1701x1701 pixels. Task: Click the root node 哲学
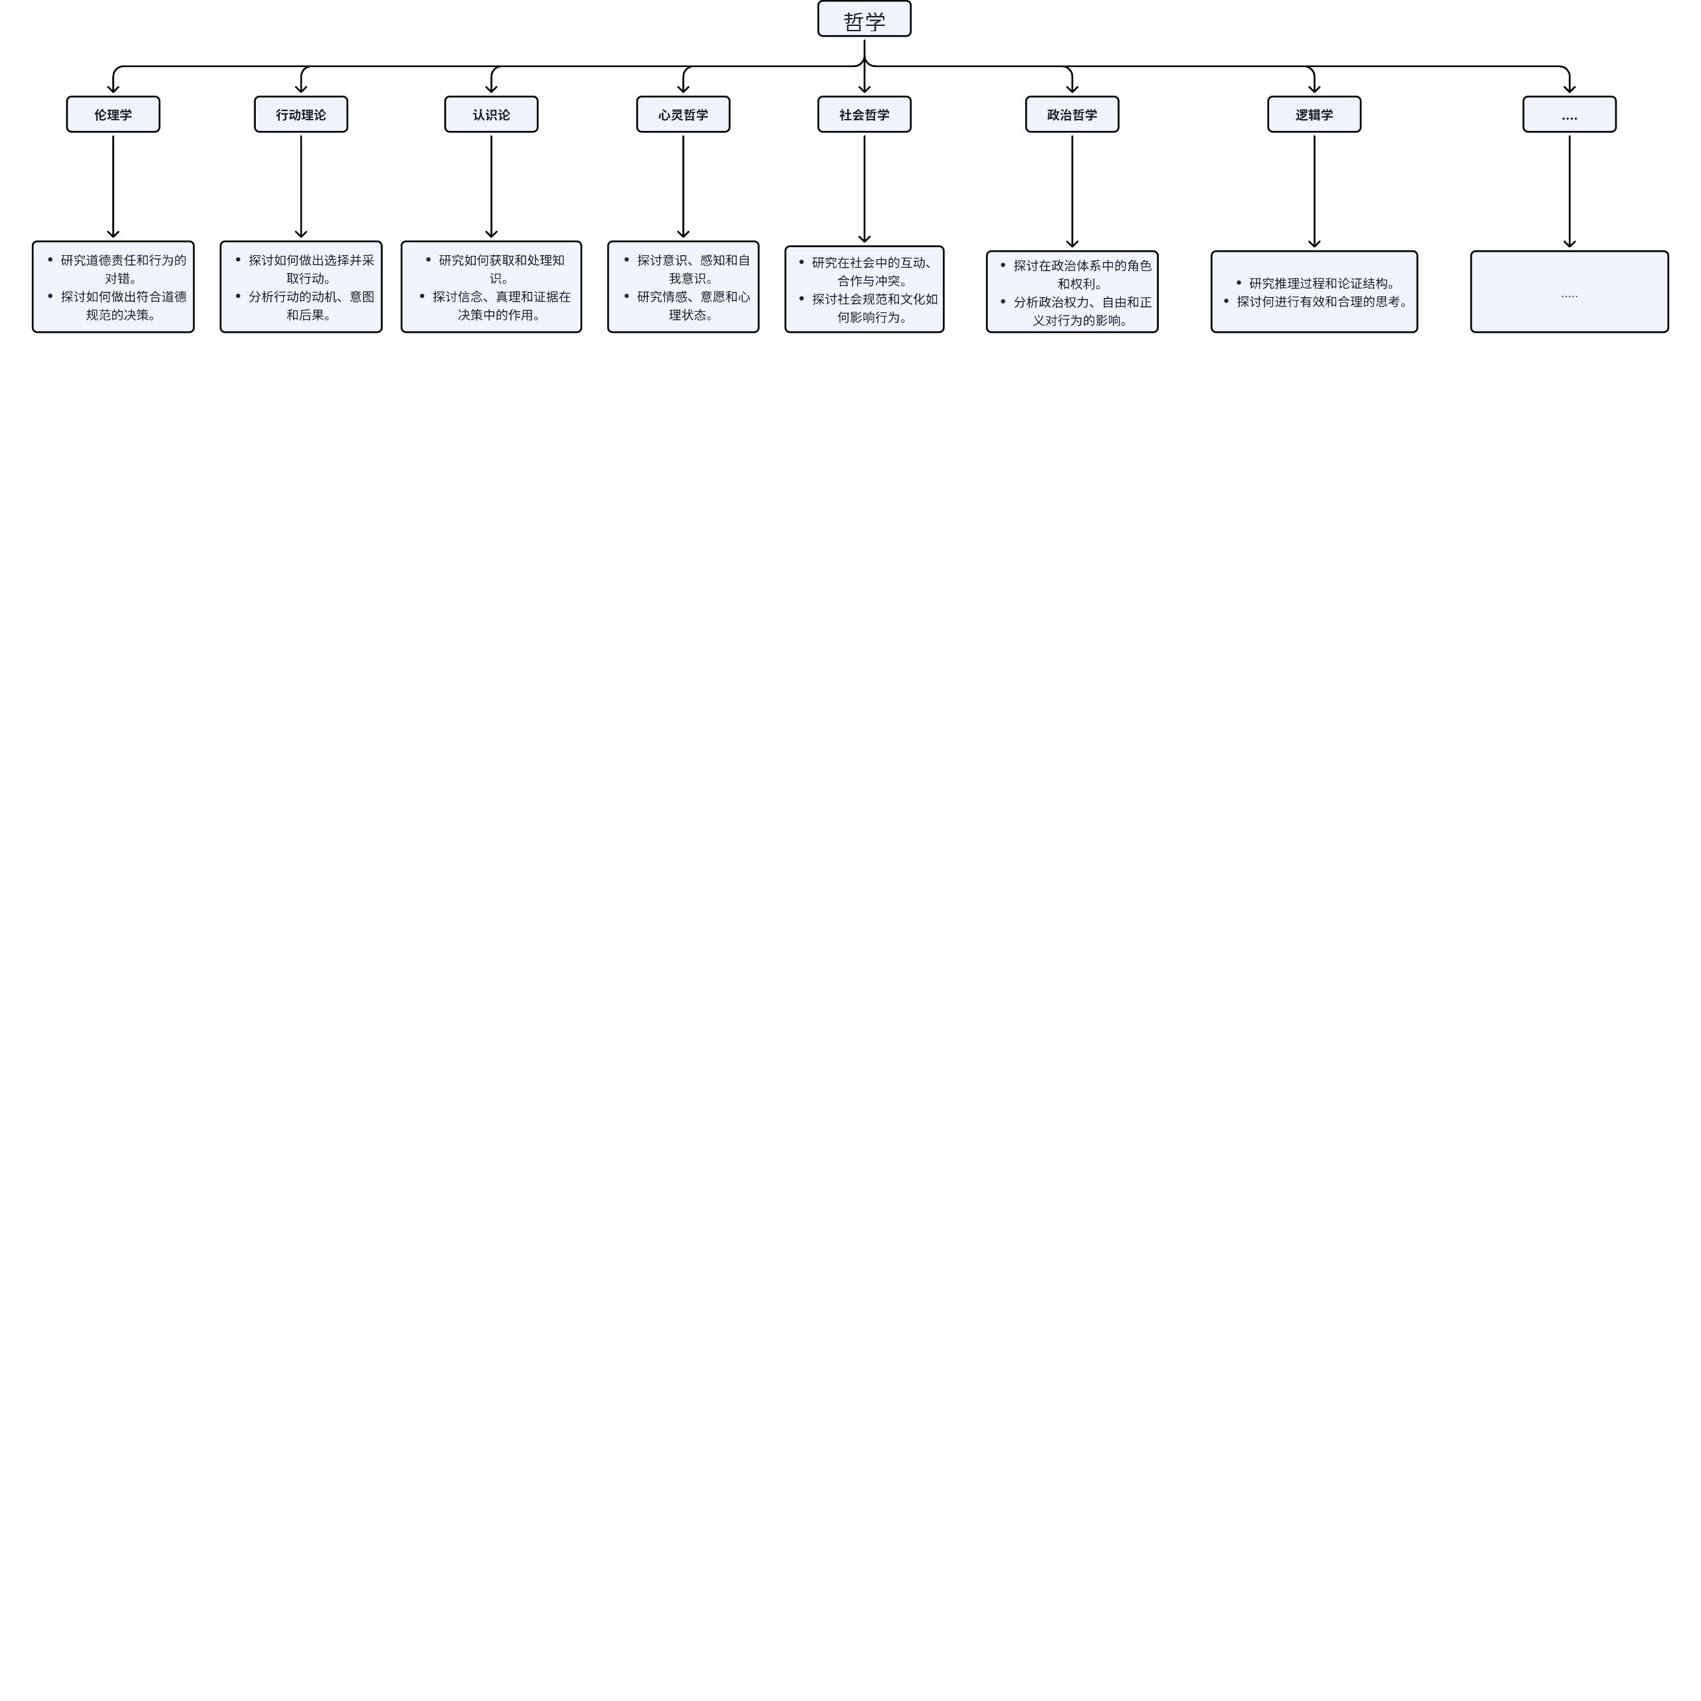(864, 19)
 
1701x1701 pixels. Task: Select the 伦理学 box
(113, 114)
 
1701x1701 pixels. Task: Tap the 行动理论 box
(301, 114)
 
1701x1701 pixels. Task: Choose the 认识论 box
(491, 114)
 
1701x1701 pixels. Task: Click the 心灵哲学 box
(683, 114)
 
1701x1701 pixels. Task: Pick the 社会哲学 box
(864, 114)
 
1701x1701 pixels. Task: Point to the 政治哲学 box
(1072, 114)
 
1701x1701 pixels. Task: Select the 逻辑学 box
(1314, 114)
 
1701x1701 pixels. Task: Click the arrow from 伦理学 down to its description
(113, 187)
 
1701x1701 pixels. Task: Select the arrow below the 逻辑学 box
(1314, 192)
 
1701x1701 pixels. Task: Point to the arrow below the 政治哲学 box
(1072, 192)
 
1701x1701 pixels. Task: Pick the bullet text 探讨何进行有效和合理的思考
(1322, 302)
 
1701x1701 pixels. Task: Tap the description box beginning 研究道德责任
(113, 287)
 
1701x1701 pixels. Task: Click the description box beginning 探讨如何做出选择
(301, 287)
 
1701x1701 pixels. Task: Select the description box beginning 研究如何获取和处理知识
(491, 287)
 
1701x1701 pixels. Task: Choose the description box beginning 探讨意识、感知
(683, 287)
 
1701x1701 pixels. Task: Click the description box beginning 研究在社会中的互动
(864, 290)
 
